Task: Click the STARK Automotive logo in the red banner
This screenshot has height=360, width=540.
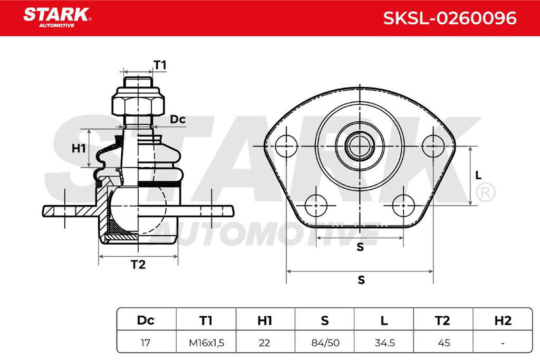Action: [57, 18]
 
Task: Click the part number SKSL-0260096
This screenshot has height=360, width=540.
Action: [450, 18]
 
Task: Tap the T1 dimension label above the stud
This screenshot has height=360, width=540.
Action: [160, 65]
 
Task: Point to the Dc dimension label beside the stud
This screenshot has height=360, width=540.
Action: [178, 119]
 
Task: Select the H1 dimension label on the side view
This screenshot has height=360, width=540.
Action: [79, 148]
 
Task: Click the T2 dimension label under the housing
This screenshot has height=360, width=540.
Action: [138, 264]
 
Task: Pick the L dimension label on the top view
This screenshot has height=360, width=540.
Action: [478, 176]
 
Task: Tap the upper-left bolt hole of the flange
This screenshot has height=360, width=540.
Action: [286, 146]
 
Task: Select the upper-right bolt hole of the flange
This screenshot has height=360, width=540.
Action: [433, 146]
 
